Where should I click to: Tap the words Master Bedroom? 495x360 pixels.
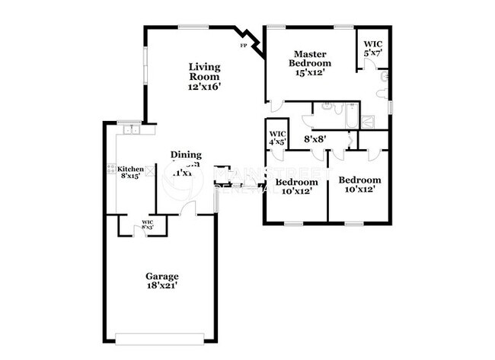click(x=311, y=59)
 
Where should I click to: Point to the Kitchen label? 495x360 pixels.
click(x=130, y=169)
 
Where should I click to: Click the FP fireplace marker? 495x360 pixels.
click(x=244, y=46)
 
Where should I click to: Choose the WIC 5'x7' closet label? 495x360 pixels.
click(x=373, y=49)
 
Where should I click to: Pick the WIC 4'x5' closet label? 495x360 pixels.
click(x=276, y=138)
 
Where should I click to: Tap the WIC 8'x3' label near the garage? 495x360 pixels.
click(x=148, y=225)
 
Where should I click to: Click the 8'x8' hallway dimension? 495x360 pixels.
click(x=316, y=139)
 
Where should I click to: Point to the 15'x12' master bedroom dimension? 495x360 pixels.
click(x=311, y=73)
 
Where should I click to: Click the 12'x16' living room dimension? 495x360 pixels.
click(x=205, y=87)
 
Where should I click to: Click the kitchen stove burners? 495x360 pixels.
click(x=111, y=169)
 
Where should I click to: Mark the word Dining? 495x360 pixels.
click(x=186, y=155)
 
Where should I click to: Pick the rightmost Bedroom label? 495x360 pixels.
click(x=359, y=180)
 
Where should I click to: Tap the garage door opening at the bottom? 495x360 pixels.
click(x=162, y=336)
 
